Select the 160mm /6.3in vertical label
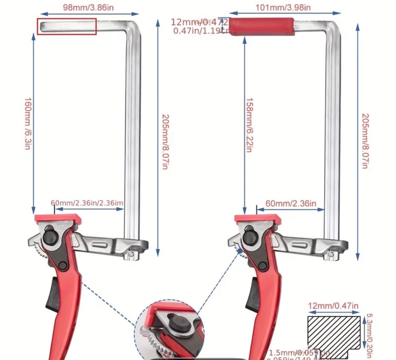[x=27, y=124]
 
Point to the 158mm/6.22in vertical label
[x=249, y=124]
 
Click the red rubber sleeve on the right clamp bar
[x=262, y=27]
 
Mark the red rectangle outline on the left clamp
[x=67, y=26]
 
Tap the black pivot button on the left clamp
[x=51, y=237]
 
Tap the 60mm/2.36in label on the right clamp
[x=291, y=203]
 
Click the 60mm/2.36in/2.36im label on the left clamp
[x=87, y=203]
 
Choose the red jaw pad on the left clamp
[x=57, y=217]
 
